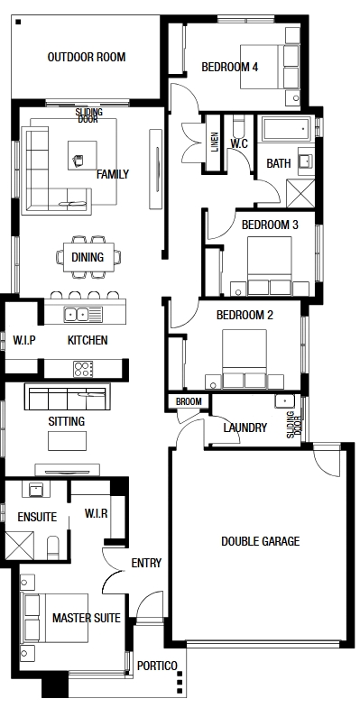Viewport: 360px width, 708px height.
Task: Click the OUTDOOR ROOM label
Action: click(x=87, y=58)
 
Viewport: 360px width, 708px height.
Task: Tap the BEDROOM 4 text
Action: click(x=230, y=68)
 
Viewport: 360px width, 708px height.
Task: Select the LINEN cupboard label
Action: click(x=214, y=142)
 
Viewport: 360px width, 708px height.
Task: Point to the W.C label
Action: click(x=238, y=143)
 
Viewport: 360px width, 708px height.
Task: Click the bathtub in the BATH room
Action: click(x=286, y=128)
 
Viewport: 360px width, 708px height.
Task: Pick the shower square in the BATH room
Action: click(x=300, y=193)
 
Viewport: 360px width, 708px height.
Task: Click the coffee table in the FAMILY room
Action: click(x=82, y=155)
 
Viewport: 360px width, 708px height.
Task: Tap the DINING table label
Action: click(x=88, y=257)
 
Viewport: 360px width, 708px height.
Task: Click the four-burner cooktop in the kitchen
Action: click(x=84, y=369)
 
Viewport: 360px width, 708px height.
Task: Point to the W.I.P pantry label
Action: click(x=24, y=340)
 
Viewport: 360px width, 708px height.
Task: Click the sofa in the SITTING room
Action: click(x=68, y=397)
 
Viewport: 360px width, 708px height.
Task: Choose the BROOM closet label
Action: click(x=189, y=401)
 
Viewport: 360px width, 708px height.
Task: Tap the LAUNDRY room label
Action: click(x=245, y=428)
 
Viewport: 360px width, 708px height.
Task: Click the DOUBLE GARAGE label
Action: click(x=260, y=541)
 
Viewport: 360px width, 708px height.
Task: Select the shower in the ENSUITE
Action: click(x=20, y=546)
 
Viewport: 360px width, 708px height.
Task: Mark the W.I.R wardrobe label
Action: click(x=97, y=513)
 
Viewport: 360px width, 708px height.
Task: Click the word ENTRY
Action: click(x=146, y=563)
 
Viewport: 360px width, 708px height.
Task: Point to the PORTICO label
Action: click(x=157, y=666)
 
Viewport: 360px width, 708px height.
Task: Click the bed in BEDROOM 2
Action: click(x=245, y=358)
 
